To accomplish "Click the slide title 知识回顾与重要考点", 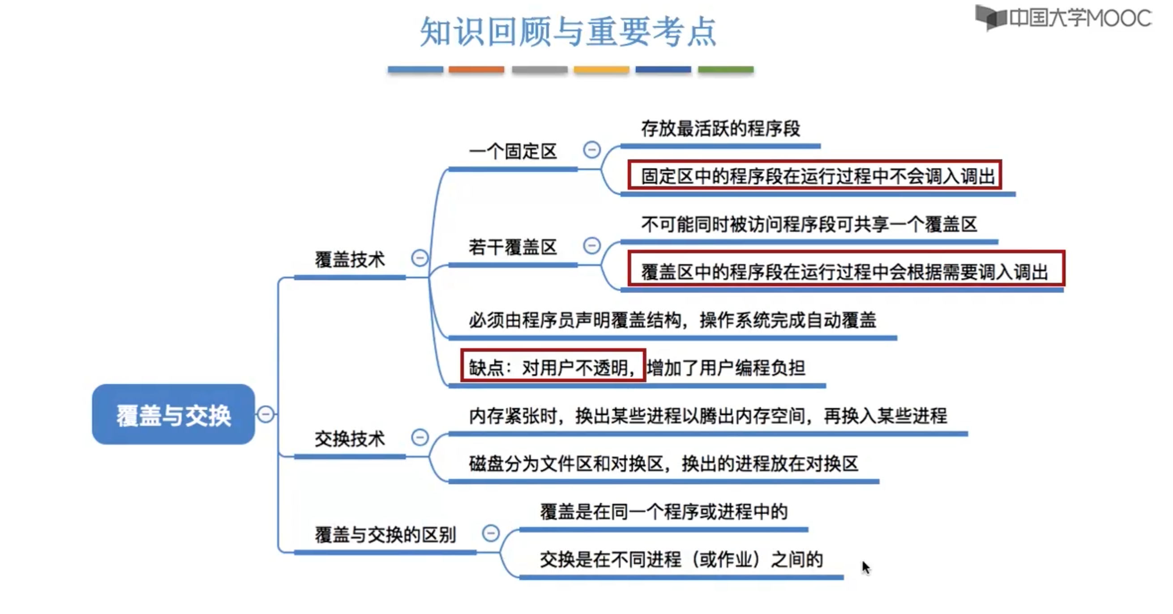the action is pos(568,32).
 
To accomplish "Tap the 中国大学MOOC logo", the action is pos(1063,18).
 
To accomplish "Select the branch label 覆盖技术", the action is pos(350,260).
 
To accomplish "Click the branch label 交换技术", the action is pos(350,439).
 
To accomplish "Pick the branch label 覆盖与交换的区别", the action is pos(385,535).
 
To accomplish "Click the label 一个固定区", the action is pos(513,152).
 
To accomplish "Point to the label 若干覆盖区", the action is pos(513,247).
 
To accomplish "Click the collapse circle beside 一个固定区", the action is pos(591,150).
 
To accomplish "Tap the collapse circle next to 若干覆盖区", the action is pos(591,246).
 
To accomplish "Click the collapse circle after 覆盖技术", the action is pos(420,258).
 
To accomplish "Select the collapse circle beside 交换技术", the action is pos(420,437).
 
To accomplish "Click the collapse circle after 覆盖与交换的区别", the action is pos(490,533).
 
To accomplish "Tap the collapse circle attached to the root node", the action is pos(266,414).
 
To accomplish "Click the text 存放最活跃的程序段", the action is pos(720,129).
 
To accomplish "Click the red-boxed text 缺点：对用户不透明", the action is pos(553,367).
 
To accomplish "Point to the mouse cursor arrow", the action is pos(865,567).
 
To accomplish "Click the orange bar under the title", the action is pos(476,70).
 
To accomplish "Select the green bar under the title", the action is pos(725,70).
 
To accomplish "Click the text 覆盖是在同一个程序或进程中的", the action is pos(664,512).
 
